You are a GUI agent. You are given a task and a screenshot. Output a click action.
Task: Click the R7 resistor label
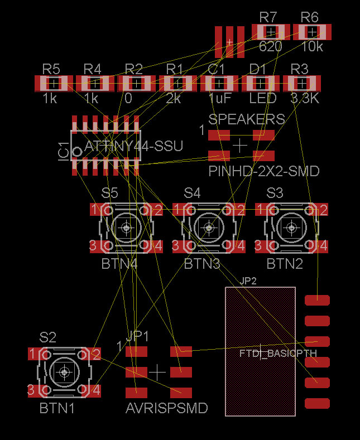coord(270,16)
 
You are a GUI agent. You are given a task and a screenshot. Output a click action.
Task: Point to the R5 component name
coord(51,69)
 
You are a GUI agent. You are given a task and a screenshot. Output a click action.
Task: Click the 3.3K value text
coord(304,99)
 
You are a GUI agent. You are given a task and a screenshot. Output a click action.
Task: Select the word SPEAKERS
coord(247,119)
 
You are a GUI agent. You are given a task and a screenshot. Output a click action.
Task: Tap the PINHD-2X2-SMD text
coord(264,171)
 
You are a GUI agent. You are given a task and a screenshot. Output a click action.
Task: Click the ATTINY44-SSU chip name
coord(134,146)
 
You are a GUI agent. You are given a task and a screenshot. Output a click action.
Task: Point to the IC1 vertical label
coord(64,151)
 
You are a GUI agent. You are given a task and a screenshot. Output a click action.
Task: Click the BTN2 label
coord(285,264)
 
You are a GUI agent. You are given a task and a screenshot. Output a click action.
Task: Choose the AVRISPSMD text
coord(167,408)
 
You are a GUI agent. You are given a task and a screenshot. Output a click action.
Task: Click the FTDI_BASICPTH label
coord(278,354)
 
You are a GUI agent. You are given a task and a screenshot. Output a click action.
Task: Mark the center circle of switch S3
coord(291,227)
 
